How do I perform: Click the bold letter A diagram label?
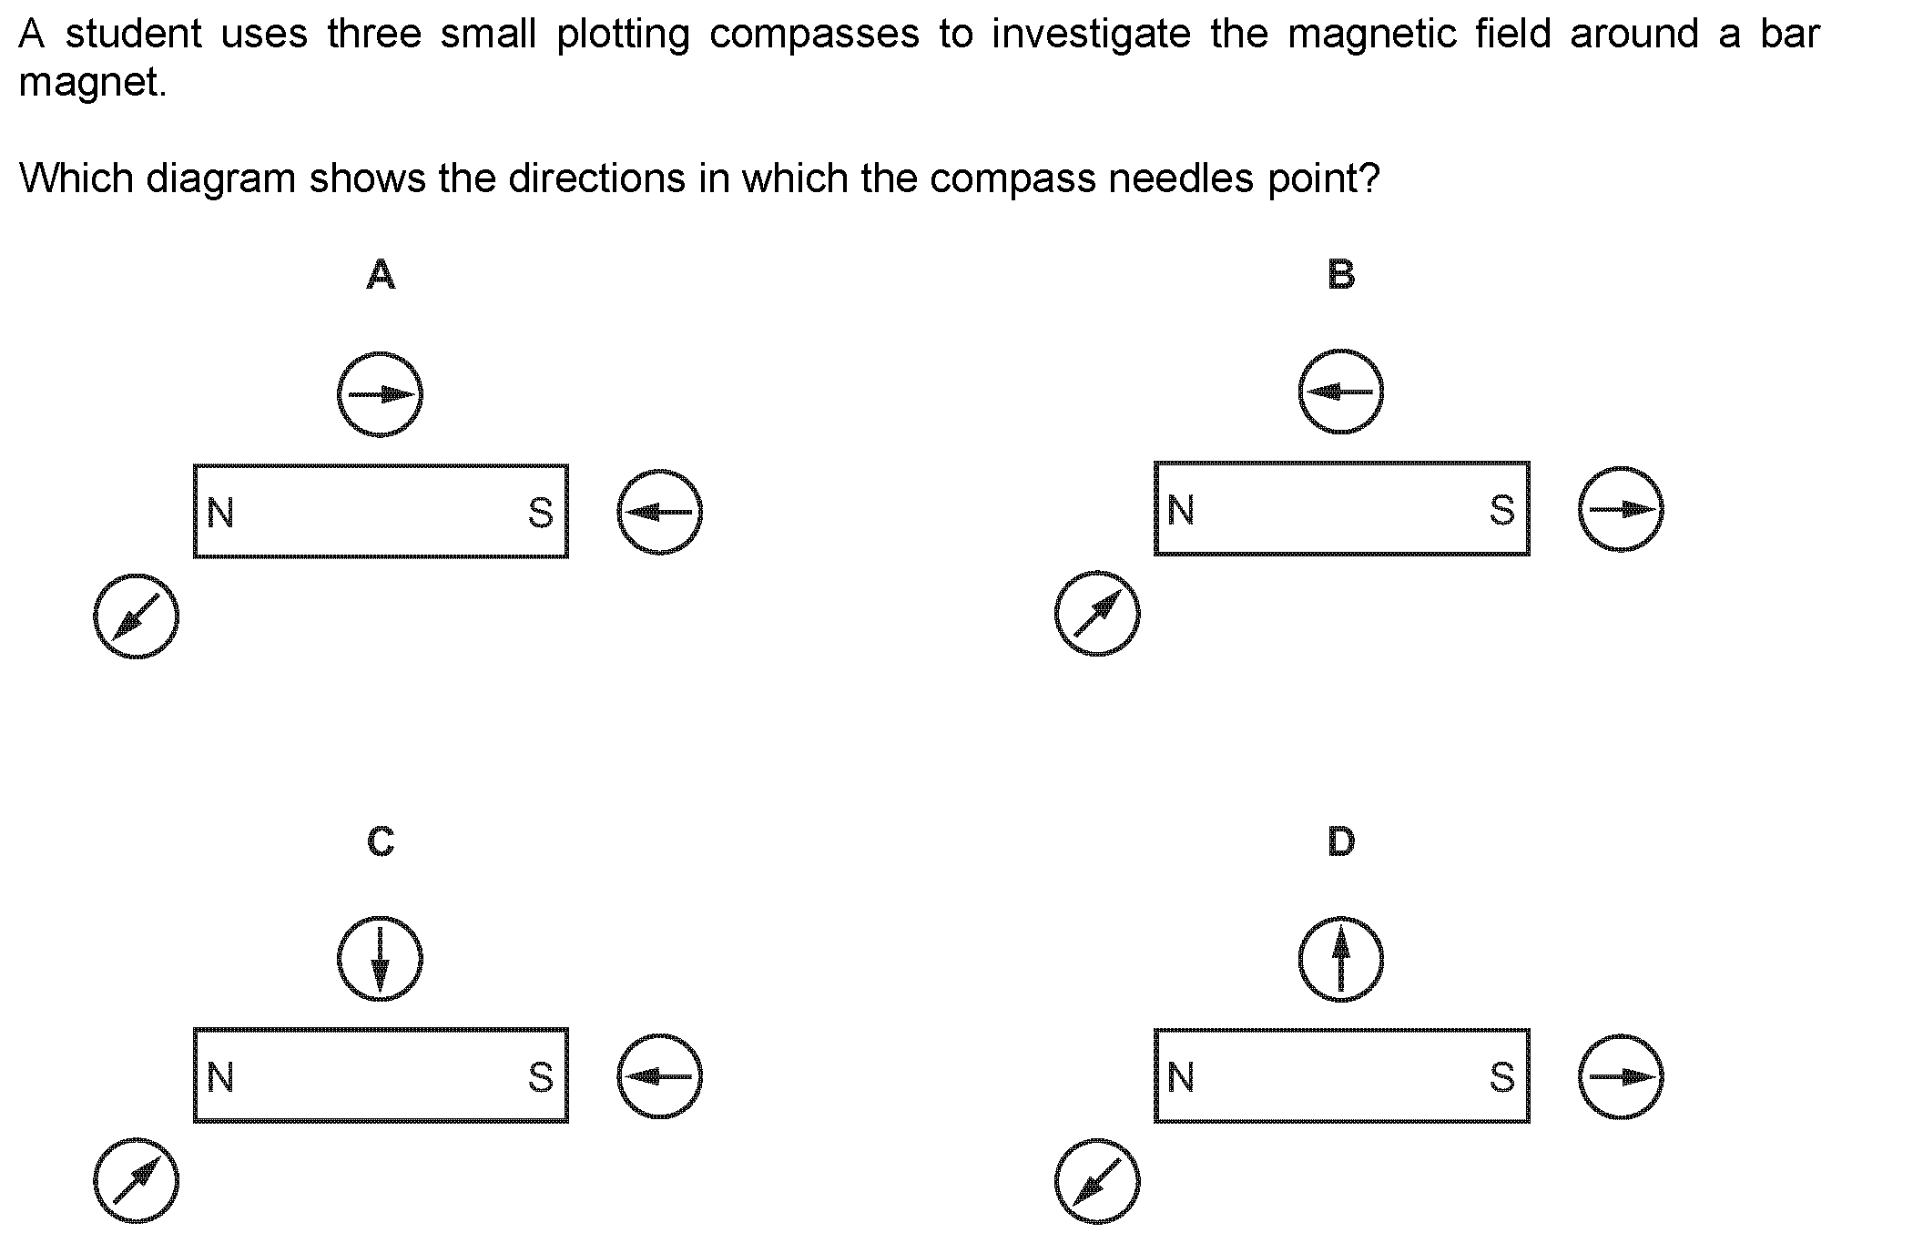(381, 273)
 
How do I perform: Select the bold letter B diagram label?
(1341, 273)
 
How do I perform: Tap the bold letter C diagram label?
(381, 841)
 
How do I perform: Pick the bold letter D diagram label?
(1341, 841)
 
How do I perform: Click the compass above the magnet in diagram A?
(380, 394)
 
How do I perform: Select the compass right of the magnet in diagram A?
(660, 512)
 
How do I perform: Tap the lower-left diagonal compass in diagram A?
(136, 616)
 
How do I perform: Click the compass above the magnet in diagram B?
(1340, 392)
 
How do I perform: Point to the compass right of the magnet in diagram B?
(1621, 509)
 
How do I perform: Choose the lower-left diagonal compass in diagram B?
(1097, 614)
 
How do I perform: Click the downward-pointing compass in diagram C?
(380, 959)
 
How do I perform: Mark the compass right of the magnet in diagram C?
(660, 1076)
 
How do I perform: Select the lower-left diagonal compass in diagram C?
(136, 1181)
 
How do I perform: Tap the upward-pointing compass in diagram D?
(1340, 959)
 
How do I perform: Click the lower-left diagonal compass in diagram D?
(1097, 1182)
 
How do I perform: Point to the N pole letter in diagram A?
(220, 513)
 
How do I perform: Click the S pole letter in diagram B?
(1502, 510)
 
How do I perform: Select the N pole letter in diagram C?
(220, 1077)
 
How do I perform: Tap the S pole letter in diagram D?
(1502, 1077)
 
